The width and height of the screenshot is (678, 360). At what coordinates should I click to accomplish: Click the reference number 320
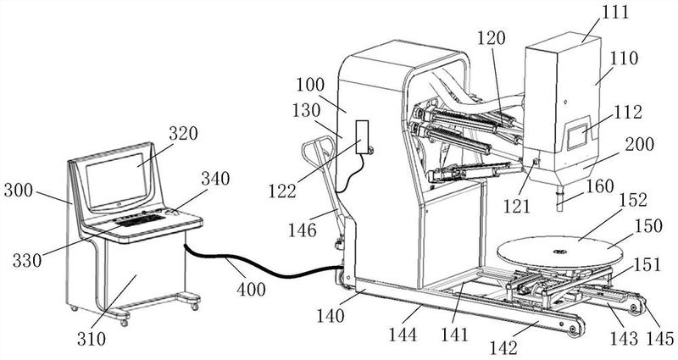pos(183,134)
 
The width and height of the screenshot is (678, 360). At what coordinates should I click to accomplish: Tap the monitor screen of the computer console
pos(116,180)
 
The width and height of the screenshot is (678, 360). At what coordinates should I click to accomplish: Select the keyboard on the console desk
pos(140,220)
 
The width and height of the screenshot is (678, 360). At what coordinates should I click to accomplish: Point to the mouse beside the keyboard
pos(171,212)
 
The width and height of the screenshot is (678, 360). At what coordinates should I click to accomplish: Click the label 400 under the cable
pos(251,289)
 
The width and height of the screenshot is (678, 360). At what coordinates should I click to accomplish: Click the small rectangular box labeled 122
pos(362,137)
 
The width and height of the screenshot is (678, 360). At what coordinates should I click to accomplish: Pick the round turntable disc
pos(560,251)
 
